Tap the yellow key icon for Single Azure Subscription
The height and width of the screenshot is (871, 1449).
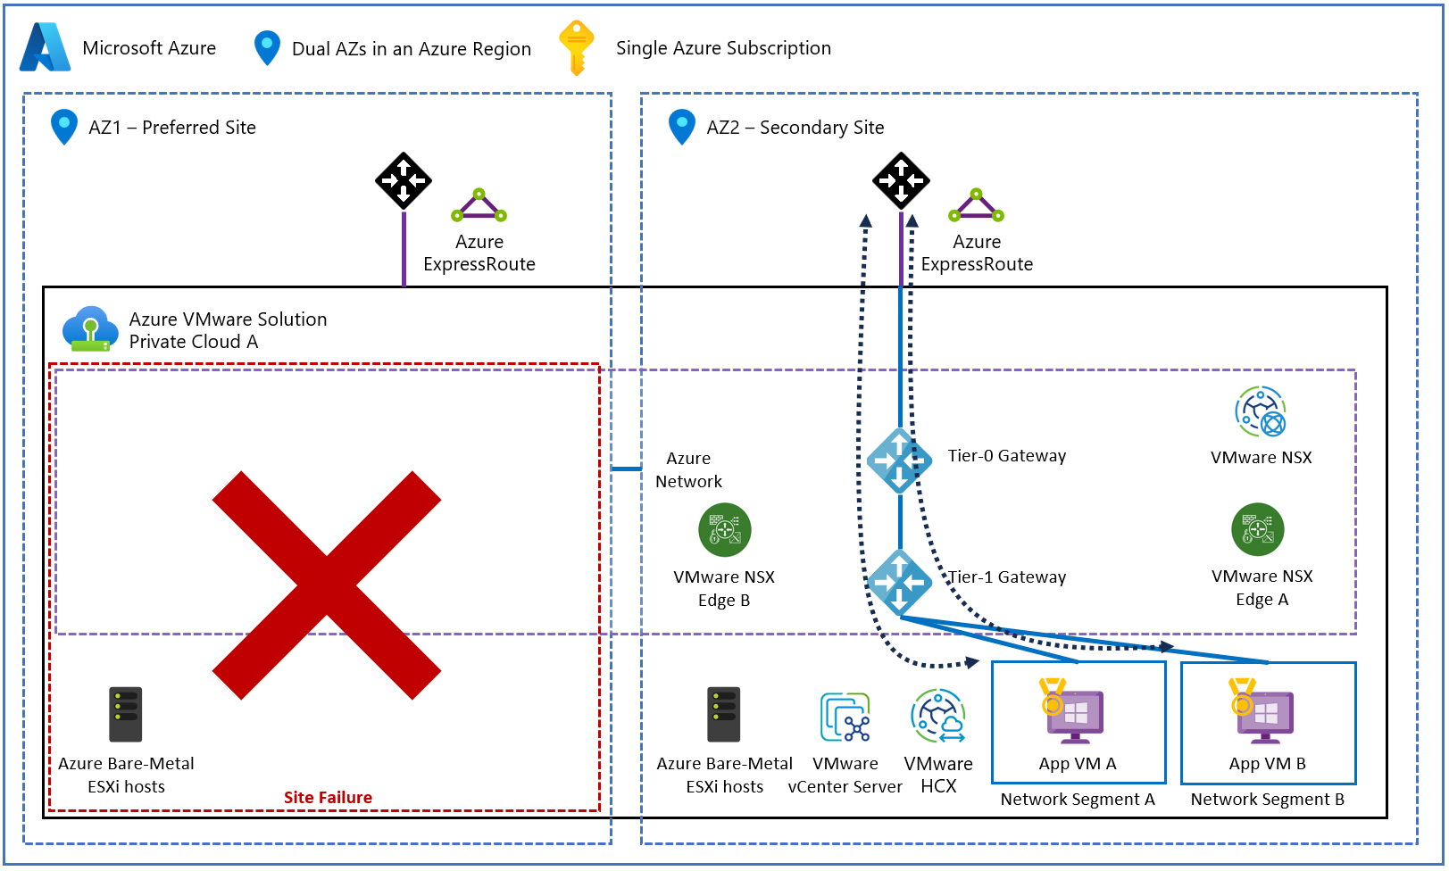[576, 47]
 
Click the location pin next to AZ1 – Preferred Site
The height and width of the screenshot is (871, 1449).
[63, 127]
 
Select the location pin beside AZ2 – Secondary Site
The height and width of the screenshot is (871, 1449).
[681, 127]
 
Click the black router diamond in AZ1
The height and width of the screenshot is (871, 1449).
[404, 180]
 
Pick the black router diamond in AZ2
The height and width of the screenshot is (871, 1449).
[901, 180]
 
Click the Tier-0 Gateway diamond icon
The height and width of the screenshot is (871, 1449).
[899, 460]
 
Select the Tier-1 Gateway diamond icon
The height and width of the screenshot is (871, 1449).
[899, 582]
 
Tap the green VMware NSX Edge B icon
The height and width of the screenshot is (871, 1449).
[724, 530]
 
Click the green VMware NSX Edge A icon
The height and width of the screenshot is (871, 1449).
[1257, 530]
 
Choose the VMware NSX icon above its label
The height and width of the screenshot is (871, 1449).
[1260, 411]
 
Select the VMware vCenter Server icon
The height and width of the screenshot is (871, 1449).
[845, 718]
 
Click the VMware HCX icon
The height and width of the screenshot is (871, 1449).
[938, 716]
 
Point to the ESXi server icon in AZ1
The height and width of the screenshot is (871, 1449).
[126, 714]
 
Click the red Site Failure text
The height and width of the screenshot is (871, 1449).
[328, 798]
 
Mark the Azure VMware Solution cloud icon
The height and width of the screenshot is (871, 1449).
[90, 329]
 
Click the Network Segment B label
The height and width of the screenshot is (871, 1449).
[1267, 800]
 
